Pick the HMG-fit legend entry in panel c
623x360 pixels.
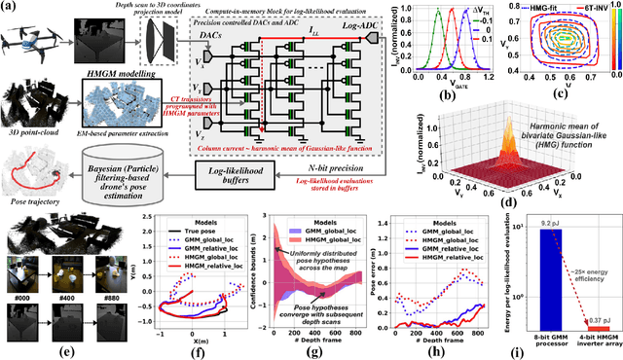pyautogui.click(x=540, y=8)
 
